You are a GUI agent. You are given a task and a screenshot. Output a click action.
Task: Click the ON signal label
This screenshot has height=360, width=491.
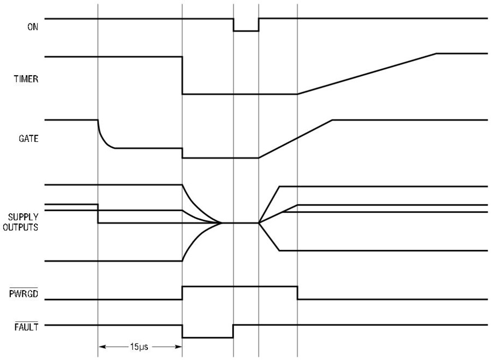point(33,27)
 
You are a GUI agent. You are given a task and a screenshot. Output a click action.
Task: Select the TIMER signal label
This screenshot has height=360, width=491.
point(26,79)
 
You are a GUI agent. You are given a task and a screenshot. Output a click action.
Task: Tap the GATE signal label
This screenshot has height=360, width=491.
point(28,139)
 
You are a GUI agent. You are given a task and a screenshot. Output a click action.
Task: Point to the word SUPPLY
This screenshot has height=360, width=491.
point(23,217)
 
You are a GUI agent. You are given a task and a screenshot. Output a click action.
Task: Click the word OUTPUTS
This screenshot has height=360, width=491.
point(20,227)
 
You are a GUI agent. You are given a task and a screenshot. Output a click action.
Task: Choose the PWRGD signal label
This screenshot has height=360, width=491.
point(23,294)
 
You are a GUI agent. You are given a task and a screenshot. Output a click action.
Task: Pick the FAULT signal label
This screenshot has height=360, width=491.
point(26,327)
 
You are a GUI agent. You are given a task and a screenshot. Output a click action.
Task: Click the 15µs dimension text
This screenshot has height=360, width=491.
point(139,346)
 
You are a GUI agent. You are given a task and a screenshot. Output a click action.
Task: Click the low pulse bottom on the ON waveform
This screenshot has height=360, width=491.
point(246,31)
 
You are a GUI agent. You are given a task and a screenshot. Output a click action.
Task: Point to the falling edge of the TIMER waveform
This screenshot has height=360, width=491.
point(182,75)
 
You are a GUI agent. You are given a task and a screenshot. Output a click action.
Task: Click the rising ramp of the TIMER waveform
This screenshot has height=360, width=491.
point(367,74)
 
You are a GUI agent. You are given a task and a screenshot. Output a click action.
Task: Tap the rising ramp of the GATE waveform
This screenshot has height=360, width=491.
point(295,139)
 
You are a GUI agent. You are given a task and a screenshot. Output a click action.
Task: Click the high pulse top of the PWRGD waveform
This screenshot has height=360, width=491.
point(240,286)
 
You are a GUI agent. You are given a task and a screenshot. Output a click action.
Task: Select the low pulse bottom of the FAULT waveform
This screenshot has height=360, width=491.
point(208,338)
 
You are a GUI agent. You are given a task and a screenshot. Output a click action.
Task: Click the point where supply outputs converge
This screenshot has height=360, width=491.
point(222,223)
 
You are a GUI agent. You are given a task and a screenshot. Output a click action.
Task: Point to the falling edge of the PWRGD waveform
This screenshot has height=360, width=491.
point(297,293)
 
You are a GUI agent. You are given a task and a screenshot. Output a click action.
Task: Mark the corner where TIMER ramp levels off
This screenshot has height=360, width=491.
point(436,53)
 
